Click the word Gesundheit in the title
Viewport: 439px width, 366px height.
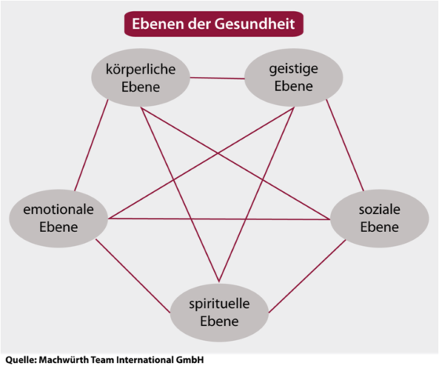(255, 24)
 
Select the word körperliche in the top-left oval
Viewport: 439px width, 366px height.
(140, 70)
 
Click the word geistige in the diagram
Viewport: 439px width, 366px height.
(293, 69)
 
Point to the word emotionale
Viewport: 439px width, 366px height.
(58, 209)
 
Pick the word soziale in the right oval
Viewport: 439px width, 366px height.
(379, 209)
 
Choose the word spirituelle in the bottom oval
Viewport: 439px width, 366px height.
(219, 304)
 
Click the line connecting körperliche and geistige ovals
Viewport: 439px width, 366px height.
(217, 78)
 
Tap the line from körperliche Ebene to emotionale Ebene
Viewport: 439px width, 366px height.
(91, 146)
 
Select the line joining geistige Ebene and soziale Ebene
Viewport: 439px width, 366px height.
(345, 146)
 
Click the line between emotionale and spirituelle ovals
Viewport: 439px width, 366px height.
(132, 276)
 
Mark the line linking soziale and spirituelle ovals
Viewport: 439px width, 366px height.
(307, 276)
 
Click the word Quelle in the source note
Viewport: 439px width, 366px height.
(21, 360)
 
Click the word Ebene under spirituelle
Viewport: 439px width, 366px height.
(219, 321)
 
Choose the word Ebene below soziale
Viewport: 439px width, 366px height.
(379, 227)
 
